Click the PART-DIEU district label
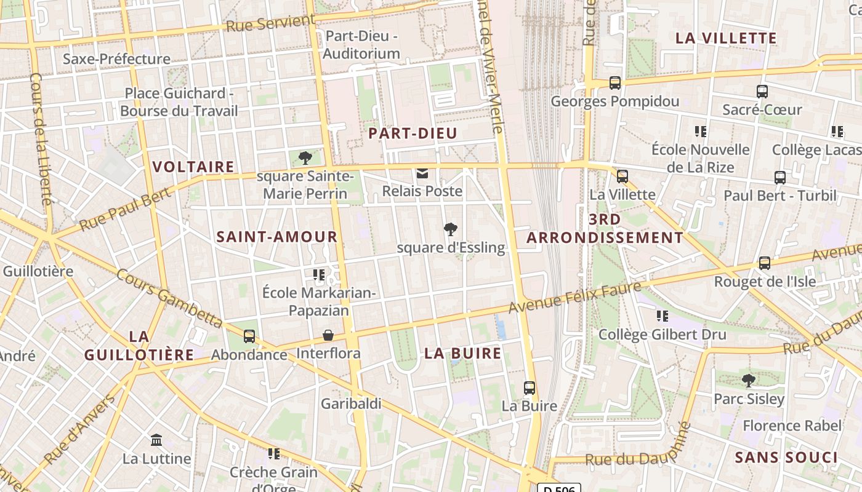413,133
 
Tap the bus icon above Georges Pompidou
614,83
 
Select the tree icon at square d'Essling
451,230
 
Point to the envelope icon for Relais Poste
422,174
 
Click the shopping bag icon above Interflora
328,336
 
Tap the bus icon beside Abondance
249,336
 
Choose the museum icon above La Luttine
156,440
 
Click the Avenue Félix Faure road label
576,298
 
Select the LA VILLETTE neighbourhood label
726,38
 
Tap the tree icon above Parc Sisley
749,381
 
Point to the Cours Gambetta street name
169,299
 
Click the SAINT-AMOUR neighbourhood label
277,237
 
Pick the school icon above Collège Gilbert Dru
663,316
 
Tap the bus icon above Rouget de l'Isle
765,263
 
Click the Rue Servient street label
271,23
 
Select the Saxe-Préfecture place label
116,59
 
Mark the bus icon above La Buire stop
530,388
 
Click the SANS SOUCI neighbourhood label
786,458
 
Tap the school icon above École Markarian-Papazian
319,274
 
